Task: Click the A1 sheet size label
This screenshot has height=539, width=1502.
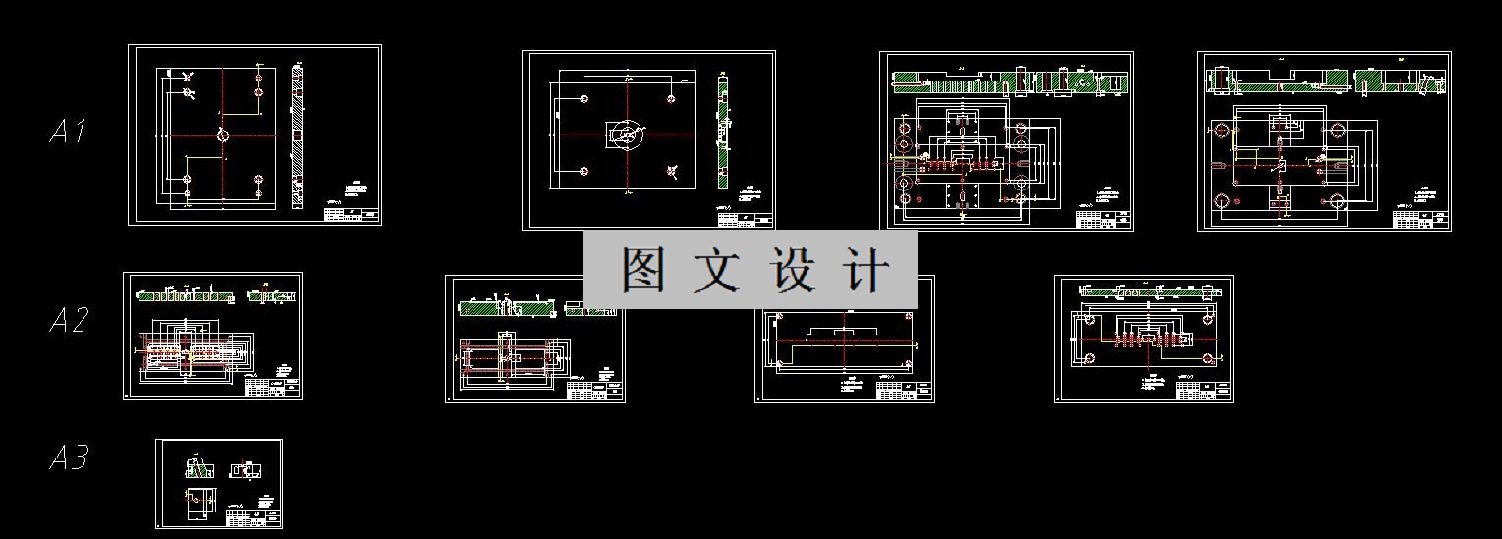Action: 69,132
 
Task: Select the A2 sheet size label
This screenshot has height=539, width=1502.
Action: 69,320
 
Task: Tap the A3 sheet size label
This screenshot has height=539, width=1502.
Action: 69,458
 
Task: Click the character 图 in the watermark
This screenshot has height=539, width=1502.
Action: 643,270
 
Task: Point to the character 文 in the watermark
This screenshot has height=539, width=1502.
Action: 720,270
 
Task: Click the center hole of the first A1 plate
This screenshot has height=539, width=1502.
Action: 223,135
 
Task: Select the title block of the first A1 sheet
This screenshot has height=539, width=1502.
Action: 351,212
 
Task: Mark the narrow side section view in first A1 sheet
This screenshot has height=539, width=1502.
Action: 299,135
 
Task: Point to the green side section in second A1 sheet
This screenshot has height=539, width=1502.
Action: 723,133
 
